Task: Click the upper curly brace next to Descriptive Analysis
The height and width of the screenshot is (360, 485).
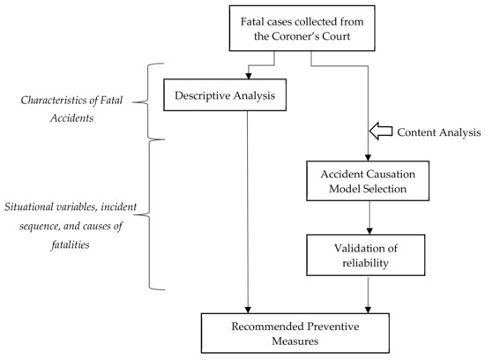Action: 157,100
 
